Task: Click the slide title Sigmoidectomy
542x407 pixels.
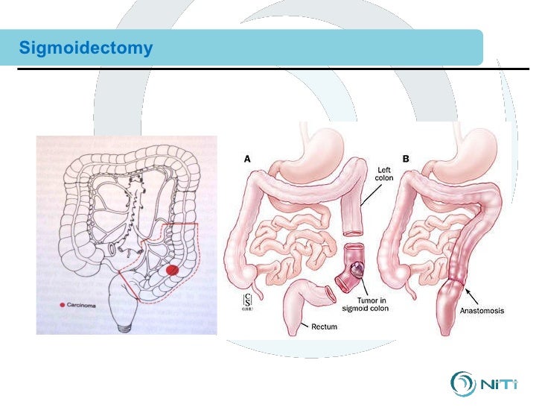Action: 86,49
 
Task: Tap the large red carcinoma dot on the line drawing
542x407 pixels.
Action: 172,271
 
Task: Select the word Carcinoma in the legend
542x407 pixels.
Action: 83,304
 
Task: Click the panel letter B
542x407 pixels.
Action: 405,158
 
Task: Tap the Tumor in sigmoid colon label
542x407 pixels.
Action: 371,303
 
